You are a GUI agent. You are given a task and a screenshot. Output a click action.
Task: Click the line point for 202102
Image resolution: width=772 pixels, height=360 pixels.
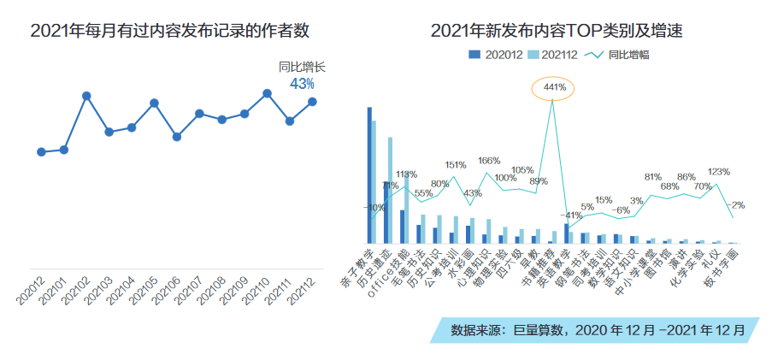[86, 96]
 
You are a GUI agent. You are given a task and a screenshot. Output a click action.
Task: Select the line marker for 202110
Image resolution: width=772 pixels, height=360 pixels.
[267, 92]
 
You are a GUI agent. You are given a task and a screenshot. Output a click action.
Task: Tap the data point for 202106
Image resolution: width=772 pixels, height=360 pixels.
[176, 136]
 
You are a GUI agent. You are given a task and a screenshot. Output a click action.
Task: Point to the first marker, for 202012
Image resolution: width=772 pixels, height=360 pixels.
[41, 152]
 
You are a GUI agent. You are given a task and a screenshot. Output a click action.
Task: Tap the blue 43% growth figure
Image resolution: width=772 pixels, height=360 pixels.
[303, 84]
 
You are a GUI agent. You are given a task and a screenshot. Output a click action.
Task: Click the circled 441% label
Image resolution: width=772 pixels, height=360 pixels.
[554, 87]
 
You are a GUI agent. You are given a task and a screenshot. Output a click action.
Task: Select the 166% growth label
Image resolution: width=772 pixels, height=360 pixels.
[489, 161]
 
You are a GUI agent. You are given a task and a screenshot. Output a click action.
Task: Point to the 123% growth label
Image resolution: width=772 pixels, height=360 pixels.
[718, 172]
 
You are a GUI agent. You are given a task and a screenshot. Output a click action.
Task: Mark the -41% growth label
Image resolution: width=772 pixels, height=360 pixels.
[571, 215]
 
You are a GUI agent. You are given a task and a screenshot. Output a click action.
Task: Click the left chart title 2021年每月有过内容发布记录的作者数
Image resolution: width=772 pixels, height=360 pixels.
[169, 32]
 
